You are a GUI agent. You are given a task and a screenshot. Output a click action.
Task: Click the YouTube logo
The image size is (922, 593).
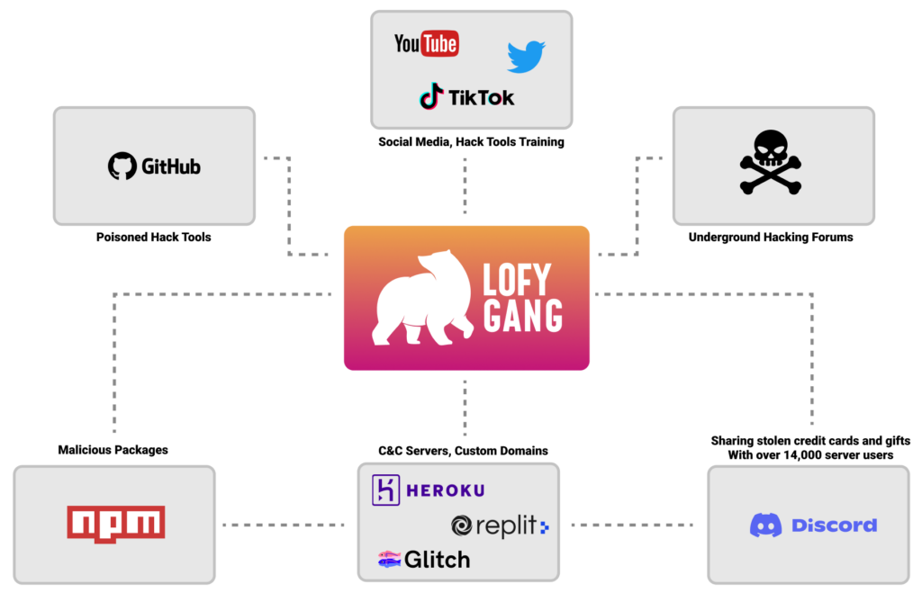click(426, 43)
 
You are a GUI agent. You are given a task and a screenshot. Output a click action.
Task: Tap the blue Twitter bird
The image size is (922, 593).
click(526, 56)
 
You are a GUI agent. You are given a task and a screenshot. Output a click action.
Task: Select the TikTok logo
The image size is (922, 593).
click(467, 96)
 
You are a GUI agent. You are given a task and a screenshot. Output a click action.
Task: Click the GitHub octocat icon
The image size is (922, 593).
click(122, 166)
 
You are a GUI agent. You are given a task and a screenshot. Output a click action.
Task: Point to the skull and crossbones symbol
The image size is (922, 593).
click(771, 162)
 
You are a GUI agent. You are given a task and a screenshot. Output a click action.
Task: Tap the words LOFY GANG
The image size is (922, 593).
click(522, 297)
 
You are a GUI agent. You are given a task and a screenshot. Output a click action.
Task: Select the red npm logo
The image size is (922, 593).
click(116, 524)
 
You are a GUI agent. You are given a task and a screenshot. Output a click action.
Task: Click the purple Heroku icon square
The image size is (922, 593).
click(385, 490)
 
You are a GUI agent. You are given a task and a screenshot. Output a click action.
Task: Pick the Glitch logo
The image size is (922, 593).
click(424, 559)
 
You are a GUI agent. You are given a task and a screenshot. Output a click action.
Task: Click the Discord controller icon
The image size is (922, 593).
click(765, 526)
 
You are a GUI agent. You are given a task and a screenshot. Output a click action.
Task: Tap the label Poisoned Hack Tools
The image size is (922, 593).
click(153, 237)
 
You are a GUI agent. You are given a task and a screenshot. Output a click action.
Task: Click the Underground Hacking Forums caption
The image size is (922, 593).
click(771, 237)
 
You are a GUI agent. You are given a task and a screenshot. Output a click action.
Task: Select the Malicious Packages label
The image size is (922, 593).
click(113, 450)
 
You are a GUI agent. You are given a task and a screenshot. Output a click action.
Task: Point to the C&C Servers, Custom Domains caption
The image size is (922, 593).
click(463, 451)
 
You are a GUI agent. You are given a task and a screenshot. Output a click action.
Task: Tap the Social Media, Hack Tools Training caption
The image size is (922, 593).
click(471, 141)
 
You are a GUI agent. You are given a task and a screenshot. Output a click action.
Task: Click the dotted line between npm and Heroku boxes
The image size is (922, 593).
click(284, 525)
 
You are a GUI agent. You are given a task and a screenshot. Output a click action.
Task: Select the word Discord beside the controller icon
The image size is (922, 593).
click(834, 526)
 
